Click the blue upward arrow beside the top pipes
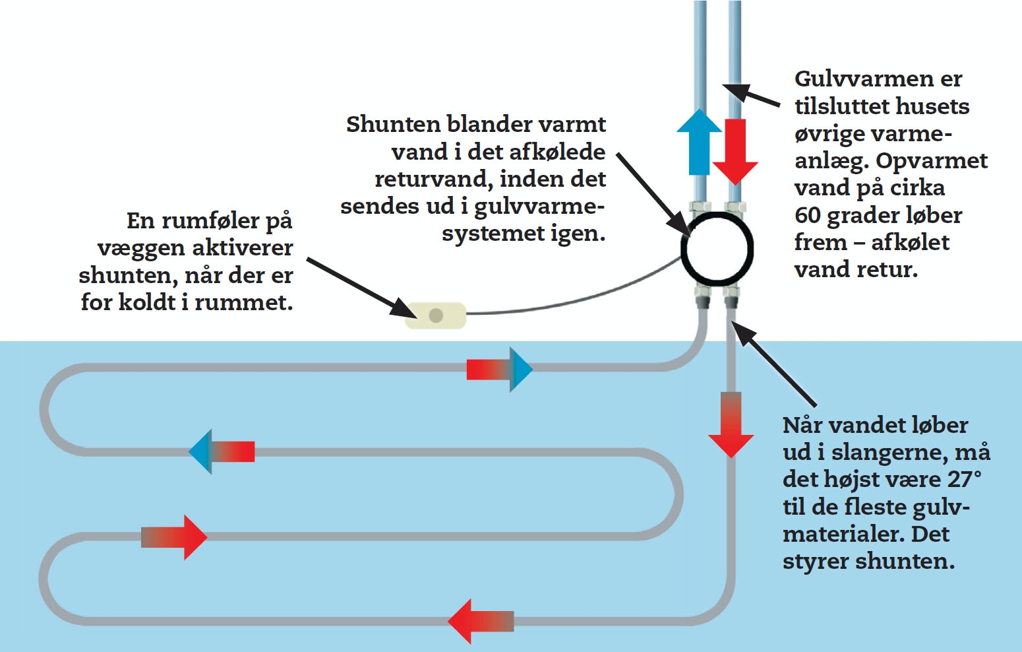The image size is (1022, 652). [x=699, y=142]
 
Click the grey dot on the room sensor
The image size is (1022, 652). [x=436, y=315]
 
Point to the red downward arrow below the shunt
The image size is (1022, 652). [x=731, y=426]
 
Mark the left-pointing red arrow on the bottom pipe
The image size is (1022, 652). [x=480, y=621]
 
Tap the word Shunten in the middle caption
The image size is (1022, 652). [x=393, y=124]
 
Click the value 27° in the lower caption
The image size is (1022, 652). [x=965, y=479]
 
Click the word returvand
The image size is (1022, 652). [x=434, y=179]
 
